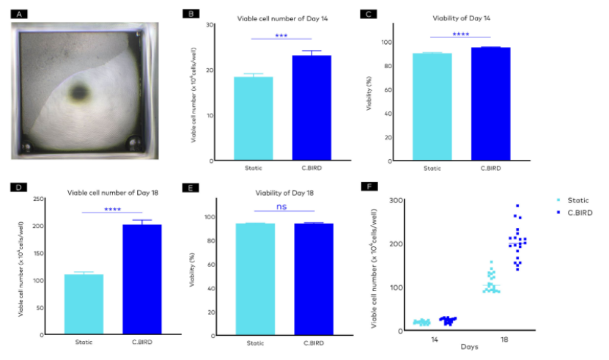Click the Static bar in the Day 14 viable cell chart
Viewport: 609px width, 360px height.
[x=253, y=118]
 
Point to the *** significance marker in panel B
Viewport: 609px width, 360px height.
[x=281, y=34]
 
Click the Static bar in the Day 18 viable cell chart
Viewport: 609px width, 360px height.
[x=84, y=304]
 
